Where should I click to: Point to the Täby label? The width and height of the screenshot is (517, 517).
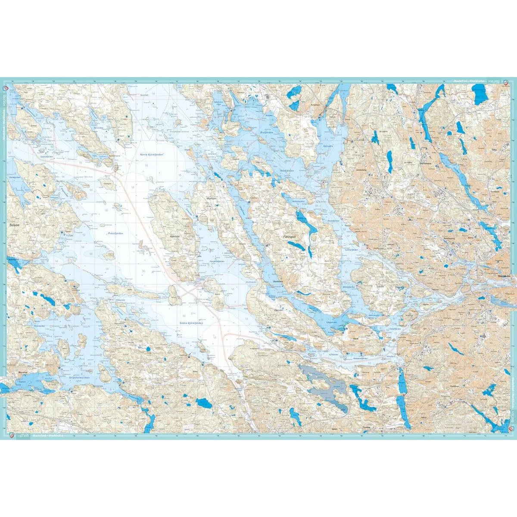(494, 149)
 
